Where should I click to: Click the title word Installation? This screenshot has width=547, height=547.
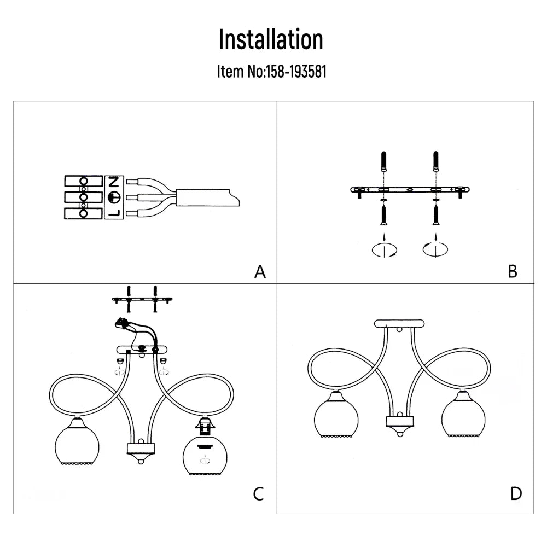271,40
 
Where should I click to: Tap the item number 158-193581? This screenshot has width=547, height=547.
295,72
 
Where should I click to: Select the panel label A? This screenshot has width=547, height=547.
260,272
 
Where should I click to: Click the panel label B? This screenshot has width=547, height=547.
513,271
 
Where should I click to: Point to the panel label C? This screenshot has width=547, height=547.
259,494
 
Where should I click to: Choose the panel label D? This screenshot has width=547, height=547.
515,494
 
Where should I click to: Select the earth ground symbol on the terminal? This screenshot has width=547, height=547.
114,197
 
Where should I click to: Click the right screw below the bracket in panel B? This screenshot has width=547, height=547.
436,215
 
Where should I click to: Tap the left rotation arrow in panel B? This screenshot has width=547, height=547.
385,250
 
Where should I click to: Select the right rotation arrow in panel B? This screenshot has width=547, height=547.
436,250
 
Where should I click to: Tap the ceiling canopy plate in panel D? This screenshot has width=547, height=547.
399,323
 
